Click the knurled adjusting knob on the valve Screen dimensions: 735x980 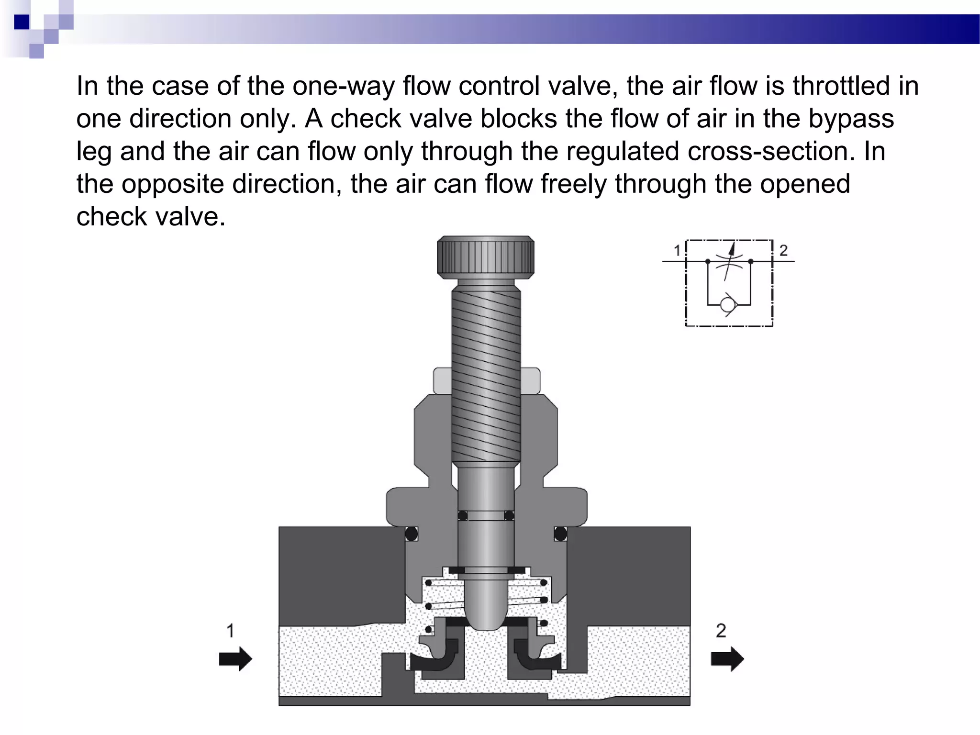(x=485, y=257)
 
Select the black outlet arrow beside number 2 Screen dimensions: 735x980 (x=727, y=659)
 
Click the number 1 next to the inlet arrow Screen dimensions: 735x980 (x=230, y=630)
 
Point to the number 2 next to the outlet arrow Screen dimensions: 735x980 (x=721, y=630)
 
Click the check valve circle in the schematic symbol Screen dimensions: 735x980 (x=729, y=304)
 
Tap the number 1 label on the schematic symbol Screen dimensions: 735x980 (x=677, y=250)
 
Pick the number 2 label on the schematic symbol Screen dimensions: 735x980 (x=783, y=250)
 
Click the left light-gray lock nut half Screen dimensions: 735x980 (x=442, y=381)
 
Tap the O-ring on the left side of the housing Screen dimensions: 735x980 (x=411, y=534)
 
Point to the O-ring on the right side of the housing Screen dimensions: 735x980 (x=560, y=534)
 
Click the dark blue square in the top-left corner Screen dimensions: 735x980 (x=22, y=22)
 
